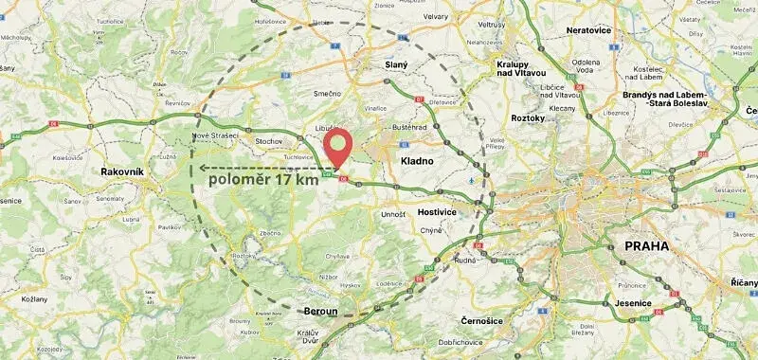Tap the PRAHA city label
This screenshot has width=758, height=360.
click(646, 246)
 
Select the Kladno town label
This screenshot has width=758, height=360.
click(417, 161)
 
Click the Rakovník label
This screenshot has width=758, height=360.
click(122, 171)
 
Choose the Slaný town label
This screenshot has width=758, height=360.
click(396, 64)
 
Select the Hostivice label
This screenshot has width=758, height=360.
click(437, 212)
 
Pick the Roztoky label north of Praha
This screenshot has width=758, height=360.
click(528, 118)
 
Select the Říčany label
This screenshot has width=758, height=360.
click(744, 282)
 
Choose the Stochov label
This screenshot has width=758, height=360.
click(269, 141)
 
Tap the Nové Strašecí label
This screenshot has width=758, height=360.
click(214, 135)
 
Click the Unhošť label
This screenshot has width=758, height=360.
click(393, 215)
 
